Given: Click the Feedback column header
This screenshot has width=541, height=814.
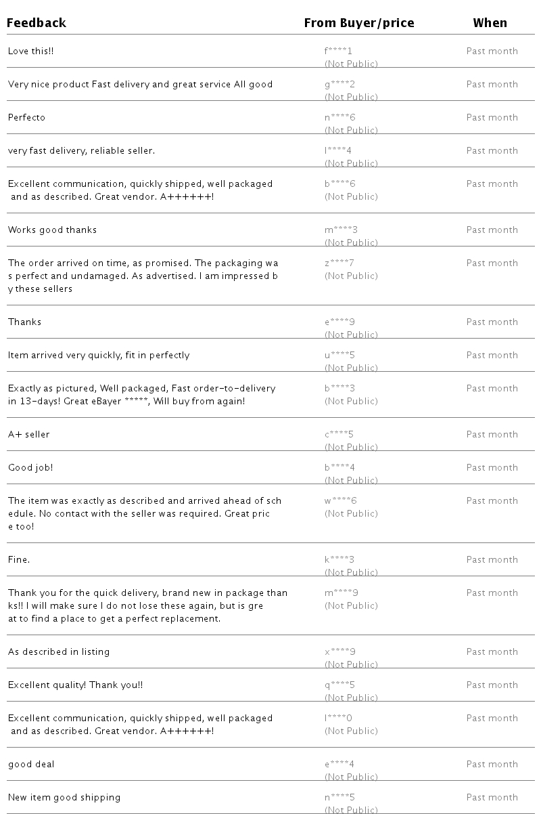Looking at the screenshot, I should pos(37,23).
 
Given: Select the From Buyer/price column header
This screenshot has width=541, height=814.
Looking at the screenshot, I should pos(358,23).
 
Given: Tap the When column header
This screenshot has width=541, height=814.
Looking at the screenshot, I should pos(490,23).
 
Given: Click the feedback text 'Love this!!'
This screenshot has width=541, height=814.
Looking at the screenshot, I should pos(30,51).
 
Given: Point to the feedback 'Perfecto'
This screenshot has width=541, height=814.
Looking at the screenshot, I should pos(27,118).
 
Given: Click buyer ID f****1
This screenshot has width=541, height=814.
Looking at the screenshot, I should pos(338,51).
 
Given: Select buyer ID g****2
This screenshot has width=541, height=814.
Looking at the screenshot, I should pos(339,85).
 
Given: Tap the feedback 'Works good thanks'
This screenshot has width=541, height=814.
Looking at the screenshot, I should pos(52,230).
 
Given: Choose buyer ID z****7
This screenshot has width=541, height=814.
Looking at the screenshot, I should pos(339,263).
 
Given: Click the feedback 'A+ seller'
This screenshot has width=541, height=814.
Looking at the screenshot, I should pos(28,435).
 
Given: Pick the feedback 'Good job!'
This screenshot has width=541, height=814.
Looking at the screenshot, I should pos(30,468).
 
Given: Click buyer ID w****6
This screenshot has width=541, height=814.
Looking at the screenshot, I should pos(341,501).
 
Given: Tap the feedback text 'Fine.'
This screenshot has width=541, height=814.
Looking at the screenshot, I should pos(19,560).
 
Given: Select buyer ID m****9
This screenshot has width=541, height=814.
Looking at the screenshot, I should pos(342,593).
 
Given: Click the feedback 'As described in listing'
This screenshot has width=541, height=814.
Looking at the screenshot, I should pos(59,652).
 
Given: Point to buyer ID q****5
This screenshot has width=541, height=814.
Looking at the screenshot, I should pos(339,685).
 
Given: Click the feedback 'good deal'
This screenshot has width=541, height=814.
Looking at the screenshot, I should pos(31,765).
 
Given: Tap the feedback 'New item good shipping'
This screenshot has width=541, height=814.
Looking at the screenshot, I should pos(64,798).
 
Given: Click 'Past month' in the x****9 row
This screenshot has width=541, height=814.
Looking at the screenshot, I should pos(492,652).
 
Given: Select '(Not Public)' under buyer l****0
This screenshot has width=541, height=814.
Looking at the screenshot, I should pos(351,731).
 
